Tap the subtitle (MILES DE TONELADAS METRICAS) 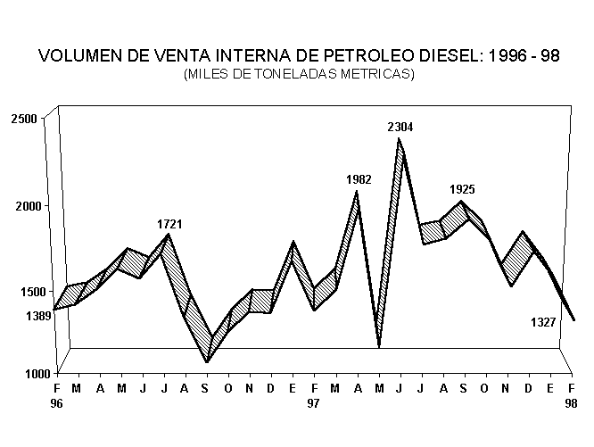pyautogui.click(x=299, y=74)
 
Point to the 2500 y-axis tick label pyautogui.click(x=24, y=120)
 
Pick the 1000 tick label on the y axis pyautogui.click(x=24, y=374)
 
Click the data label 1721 pyautogui.click(x=169, y=223)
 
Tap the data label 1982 pyautogui.click(x=359, y=180)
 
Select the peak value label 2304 pyautogui.click(x=400, y=128)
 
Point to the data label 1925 pyautogui.click(x=462, y=189)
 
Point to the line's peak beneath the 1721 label pyautogui.click(x=168, y=236)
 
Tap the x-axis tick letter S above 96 pyautogui.click(x=207, y=389)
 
